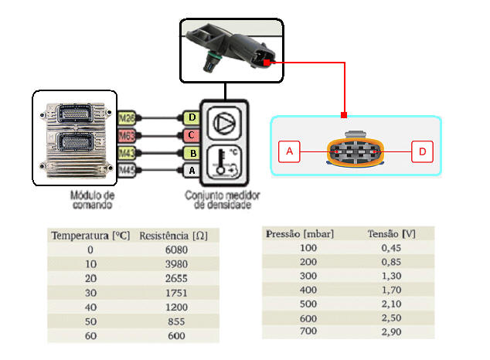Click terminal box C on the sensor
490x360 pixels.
(x=191, y=135)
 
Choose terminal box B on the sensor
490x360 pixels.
(x=191, y=152)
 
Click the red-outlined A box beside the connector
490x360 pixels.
(x=289, y=152)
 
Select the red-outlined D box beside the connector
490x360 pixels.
(x=422, y=152)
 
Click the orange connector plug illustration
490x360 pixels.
(x=356, y=152)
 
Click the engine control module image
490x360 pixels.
(x=75, y=138)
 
